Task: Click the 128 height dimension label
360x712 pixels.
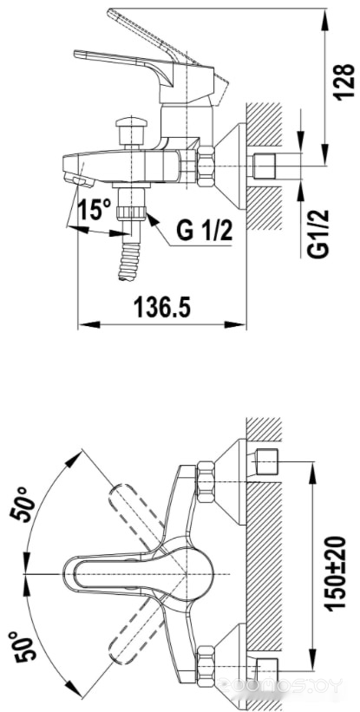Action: [x=344, y=82]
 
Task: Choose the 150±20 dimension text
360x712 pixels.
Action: [x=336, y=573]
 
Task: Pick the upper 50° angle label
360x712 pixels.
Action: [x=23, y=505]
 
